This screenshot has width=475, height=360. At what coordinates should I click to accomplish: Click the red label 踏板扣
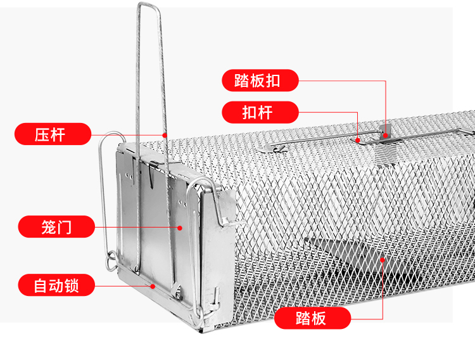(x=260, y=80)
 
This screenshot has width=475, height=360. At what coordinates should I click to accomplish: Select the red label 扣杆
(x=260, y=112)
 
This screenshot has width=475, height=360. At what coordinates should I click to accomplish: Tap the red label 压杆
(x=53, y=134)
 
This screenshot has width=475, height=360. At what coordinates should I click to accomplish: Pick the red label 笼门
(x=56, y=226)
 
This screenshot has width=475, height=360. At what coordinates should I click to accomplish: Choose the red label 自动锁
(x=56, y=285)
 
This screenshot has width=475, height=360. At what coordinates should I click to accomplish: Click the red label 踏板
(x=312, y=318)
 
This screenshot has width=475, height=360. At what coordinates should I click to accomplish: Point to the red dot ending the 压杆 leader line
(x=165, y=135)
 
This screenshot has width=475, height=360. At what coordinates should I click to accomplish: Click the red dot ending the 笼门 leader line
(x=180, y=228)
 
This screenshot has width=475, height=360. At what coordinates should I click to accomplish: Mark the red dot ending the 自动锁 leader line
(x=153, y=286)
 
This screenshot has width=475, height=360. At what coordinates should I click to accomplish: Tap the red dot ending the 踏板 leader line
(x=383, y=260)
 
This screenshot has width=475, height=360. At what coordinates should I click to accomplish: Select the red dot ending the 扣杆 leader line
(x=358, y=140)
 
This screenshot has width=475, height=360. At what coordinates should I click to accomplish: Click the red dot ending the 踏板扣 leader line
(x=385, y=135)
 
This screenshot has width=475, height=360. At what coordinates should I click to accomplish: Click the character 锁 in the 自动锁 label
(x=72, y=285)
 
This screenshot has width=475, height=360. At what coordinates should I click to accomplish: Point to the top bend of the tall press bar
(x=148, y=4)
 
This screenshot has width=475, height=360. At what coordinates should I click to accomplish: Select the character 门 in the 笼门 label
(x=64, y=227)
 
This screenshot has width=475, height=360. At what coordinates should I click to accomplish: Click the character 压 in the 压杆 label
(x=42, y=134)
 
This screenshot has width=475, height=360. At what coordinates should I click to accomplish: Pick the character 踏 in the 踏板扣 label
(x=242, y=80)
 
